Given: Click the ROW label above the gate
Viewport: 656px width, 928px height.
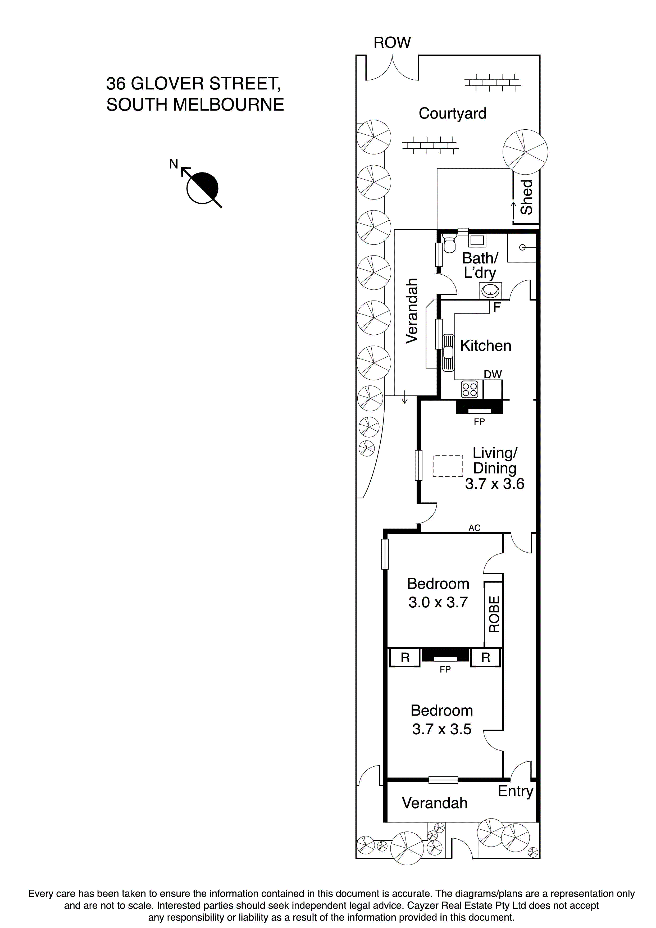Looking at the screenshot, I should (392, 42).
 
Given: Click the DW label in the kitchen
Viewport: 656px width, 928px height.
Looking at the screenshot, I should (493, 374).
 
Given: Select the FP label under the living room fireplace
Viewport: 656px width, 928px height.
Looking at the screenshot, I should (479, 422).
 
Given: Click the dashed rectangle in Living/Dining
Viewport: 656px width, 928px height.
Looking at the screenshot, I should (448, 466).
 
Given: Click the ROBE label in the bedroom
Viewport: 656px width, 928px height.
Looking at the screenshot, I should (494, 614).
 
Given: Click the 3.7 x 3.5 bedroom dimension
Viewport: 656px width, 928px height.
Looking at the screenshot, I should (441, 729).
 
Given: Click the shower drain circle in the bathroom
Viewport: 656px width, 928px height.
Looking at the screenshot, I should (522, 247).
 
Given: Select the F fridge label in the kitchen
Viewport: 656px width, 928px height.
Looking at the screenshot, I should (497, 307).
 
